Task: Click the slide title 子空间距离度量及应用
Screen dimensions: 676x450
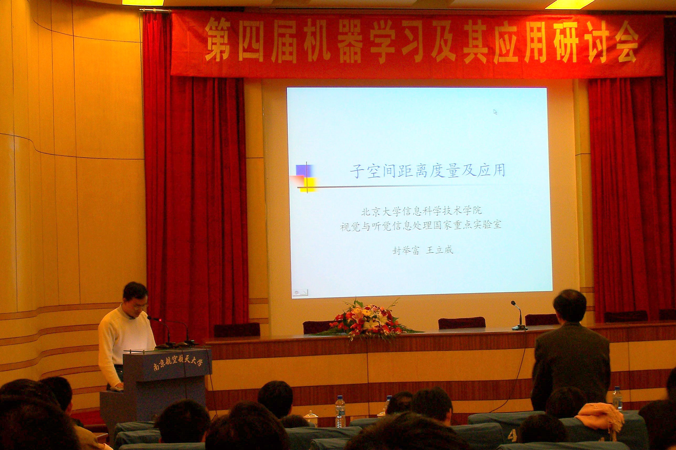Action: pos(427,171)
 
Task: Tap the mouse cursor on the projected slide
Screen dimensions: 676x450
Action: pos(495,112)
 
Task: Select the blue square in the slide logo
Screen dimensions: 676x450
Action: pos(304,170)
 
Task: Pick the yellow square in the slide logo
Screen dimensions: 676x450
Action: pos(309,184)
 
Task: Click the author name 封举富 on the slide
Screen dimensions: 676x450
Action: pos(406,250)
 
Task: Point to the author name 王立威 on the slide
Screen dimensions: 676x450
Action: pos(439,250)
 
